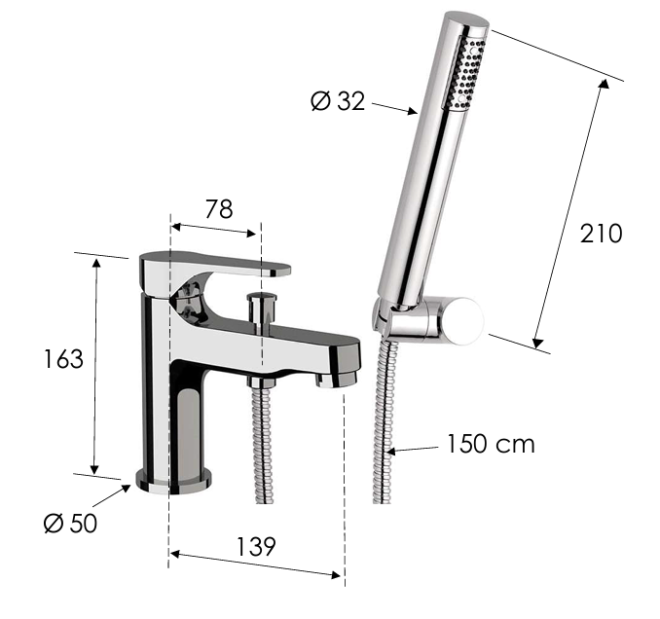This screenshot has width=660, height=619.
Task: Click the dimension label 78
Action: point(218,209)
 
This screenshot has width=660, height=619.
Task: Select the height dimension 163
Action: point(63,359)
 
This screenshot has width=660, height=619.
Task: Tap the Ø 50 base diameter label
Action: point(71,523)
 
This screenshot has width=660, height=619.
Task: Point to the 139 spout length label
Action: point(255,547)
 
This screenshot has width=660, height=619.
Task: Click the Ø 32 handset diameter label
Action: point(338,100)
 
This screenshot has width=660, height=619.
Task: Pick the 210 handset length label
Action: point(601,234)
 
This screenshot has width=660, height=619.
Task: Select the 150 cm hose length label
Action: point(491,445)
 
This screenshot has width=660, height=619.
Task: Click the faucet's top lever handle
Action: point(216,264)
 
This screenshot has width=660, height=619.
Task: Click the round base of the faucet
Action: point(174,479)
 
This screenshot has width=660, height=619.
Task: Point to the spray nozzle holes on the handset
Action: point(464,73)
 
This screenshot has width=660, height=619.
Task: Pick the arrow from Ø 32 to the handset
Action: point(394,107)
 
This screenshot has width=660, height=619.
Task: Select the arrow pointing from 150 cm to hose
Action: point(413,449)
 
